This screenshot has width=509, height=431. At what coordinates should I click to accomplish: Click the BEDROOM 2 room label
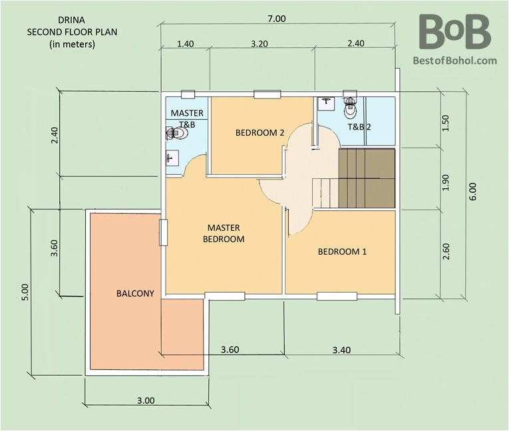259,133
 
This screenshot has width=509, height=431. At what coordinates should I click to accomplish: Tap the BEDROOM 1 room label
342,251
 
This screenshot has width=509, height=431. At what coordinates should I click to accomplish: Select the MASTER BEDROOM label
224,233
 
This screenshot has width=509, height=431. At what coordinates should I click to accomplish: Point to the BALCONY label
135,293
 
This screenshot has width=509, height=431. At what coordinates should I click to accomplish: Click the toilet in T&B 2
350,107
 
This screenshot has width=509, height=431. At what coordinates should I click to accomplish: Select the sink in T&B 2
325,102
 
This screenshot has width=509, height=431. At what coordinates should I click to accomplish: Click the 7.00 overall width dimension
277,19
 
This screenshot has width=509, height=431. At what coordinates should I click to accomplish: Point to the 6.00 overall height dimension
472,192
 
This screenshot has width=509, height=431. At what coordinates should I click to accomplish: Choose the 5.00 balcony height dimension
26,293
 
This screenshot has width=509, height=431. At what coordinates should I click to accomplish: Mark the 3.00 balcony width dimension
146,400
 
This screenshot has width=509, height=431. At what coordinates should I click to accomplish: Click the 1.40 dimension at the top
186,43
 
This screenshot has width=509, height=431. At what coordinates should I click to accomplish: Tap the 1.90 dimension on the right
446,183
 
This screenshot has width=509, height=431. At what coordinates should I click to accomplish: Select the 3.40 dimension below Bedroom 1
341,350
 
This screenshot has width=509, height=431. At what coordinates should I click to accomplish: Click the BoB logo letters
454,31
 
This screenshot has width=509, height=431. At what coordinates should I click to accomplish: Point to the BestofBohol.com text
455,61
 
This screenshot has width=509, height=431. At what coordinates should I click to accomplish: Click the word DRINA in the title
71,20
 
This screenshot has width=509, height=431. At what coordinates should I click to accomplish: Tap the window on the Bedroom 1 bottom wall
337,297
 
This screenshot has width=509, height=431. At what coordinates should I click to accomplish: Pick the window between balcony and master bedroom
163,232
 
